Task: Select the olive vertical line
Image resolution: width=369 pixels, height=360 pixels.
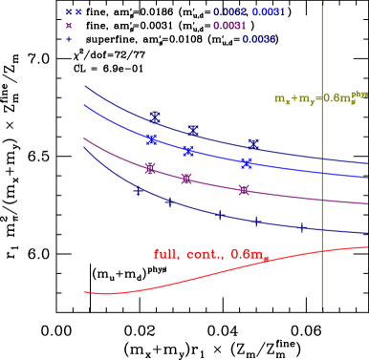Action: click(322, 191)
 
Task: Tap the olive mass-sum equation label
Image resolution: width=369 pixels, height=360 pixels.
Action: click(321, 97)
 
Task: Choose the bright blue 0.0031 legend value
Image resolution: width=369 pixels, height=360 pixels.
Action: click(271, 12)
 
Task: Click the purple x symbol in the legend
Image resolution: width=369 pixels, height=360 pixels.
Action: click(69, 26)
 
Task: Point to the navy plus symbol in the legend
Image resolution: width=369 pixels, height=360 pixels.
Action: click(69, 40)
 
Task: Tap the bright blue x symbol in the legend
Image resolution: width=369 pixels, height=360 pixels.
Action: click(78, 12)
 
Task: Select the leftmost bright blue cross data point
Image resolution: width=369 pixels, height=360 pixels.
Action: click(152, 139)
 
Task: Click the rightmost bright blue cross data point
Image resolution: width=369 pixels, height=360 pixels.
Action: click(247, 163)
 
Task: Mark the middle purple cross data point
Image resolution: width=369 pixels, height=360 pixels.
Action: click(186, 179)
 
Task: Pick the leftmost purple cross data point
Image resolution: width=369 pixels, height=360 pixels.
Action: click(150, 168)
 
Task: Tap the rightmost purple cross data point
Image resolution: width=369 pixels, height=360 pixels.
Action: click(244, 190)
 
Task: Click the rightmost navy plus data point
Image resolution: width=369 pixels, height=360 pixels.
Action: click(302, 227)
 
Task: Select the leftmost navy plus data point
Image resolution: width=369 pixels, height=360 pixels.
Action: click(139, 191)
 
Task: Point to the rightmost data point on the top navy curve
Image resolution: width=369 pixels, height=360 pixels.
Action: click(253, 143)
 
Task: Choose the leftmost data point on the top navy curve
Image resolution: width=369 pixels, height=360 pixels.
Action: click(155, 116)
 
